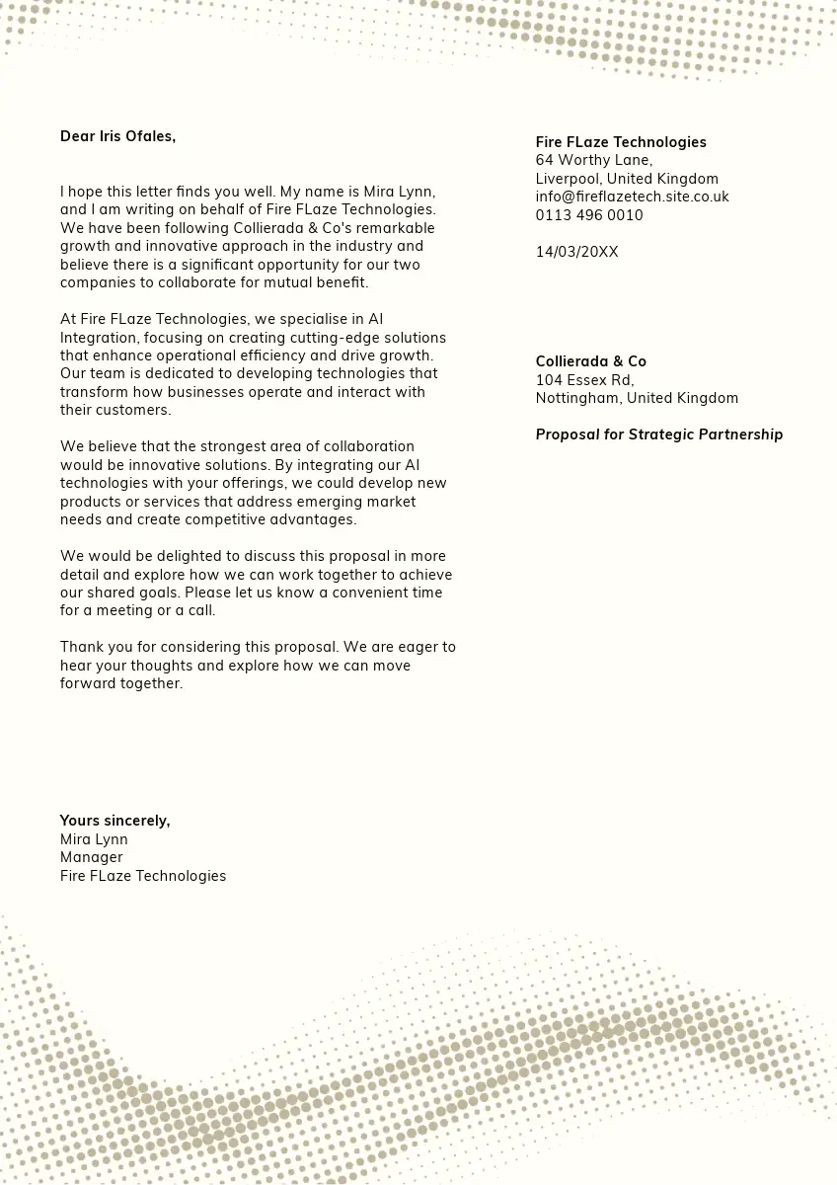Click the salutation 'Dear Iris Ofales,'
117,136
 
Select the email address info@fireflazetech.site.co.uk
632,197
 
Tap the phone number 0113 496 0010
589,215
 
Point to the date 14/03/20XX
576,252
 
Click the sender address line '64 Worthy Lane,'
594,160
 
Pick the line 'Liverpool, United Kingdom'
627,179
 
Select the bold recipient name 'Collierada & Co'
590,361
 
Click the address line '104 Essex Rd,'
584,380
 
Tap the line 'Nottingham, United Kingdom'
637,398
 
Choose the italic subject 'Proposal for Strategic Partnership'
658,434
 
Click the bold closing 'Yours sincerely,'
114,821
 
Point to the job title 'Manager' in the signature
92,857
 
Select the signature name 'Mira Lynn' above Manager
94,839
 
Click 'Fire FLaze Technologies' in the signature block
143,876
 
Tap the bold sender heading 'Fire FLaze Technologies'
621,142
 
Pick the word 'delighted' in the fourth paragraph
183,556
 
